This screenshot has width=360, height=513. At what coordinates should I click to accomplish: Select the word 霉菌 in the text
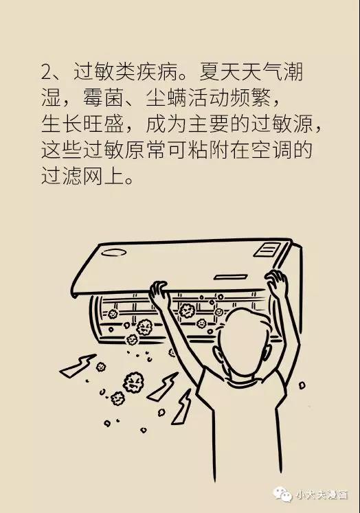pos(103,98)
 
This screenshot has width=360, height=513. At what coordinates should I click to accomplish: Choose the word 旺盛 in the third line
pos(103,124)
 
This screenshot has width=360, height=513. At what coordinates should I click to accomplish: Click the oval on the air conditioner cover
pos(113,253)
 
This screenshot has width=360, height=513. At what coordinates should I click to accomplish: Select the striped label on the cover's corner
pos(267,250)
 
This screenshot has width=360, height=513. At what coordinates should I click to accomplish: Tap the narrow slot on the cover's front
pos(230,277)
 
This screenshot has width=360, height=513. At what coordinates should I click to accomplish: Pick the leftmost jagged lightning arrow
pos(78,366)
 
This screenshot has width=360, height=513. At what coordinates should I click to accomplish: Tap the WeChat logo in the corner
pos(282,494)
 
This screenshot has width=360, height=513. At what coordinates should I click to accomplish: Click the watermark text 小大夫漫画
pos(322,494)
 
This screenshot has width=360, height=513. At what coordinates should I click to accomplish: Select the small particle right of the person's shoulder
pos(302,385)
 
